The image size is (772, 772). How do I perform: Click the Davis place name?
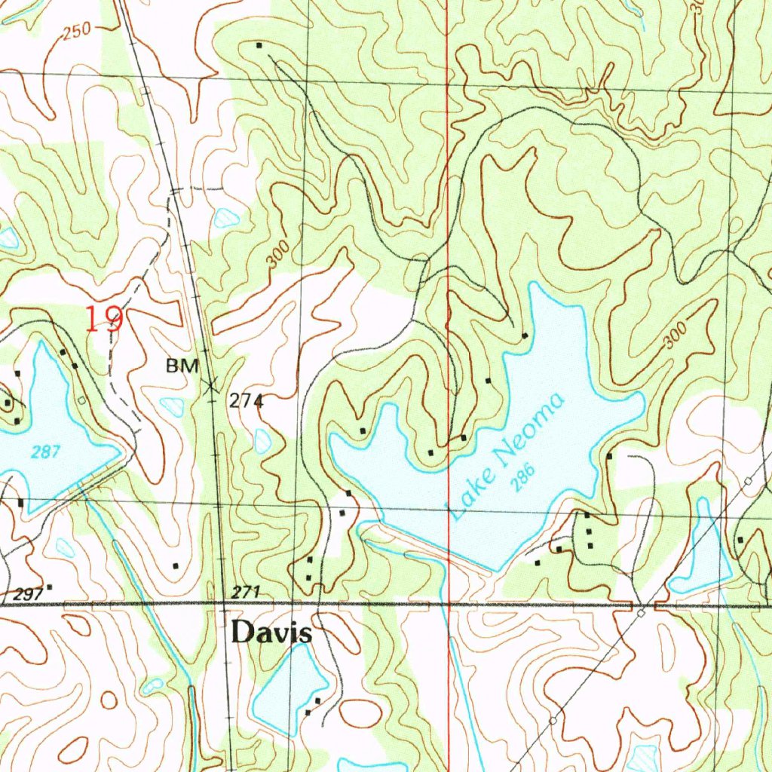(271, 633)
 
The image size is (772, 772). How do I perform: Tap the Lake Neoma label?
(506, 456)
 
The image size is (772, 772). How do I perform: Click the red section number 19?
(103, 320)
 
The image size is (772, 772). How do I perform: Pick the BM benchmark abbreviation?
(182, 366)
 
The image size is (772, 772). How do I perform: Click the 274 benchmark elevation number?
(247, 401)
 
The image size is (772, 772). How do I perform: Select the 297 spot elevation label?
(28, 595)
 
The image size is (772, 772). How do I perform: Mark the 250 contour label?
(77, 31)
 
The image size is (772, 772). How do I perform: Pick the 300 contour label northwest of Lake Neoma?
(277, 256)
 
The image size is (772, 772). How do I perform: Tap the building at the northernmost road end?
(259, 45)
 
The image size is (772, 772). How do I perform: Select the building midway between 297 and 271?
(176, 565)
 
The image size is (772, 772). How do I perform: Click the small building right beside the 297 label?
(50, 587)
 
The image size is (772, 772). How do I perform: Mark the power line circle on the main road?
(640, 614)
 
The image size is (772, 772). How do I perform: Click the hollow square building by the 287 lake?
(81, 400)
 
